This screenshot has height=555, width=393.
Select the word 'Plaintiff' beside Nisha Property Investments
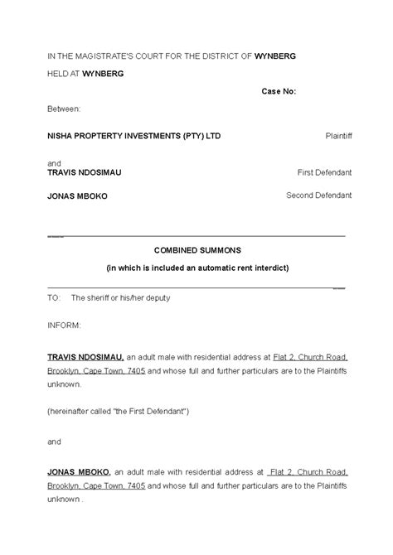click(x=337, y=135)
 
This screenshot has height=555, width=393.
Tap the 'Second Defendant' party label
click(x=319, y=195)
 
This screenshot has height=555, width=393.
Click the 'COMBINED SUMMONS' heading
click(x=196, y=249)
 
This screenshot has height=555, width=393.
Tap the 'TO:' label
click(x=54, y=297)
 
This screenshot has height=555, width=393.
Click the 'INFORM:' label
click(x=64, y=326)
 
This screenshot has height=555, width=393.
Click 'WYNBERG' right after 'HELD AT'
click(x=103, y=74)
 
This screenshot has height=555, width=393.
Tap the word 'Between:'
click(x=65, y=109)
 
